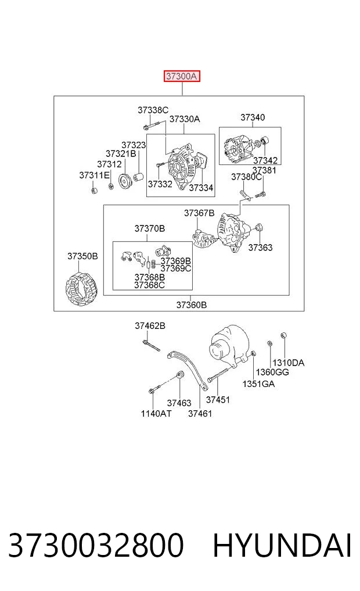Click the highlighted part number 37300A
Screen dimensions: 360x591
pyautogui.click(x=182, y=76)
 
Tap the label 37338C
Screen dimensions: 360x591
pyautogui.click(x=153, y=110)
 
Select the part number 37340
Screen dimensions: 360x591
pyautogui.click(x=253, y=117)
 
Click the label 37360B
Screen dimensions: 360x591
pyautogui.click(x=191, y=305)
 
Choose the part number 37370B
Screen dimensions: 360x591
pyautogui.click(x=149, y=228)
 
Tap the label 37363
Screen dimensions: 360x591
pyautogui.click(x=260, y=247)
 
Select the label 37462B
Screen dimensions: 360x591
pyautogui.click(x=150, y=325)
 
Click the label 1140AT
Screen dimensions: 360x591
pyautogui.click(x=156, y=414)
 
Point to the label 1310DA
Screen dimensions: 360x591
pyautogui.click(x=288, y=363)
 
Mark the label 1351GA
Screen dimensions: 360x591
pyautogui.click(x=258, y=384)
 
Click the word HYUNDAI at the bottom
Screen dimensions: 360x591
pyautogui.click(x=282, y=546)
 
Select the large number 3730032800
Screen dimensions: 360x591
pyautogui.click(x=96, y=546)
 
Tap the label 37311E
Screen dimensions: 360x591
pyautogui.click(x=94, y=175)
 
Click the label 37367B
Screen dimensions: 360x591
pyautogui.click(x=199, y=213)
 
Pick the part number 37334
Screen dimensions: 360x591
pyautogui.click(x=201, y=187)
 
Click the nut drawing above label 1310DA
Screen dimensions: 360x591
pyautogui.click(x=284, y=335)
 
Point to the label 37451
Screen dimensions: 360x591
pyautogui.click(x=218, y=400)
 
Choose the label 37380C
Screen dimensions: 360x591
pyautogui.click(x=246, y=177)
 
